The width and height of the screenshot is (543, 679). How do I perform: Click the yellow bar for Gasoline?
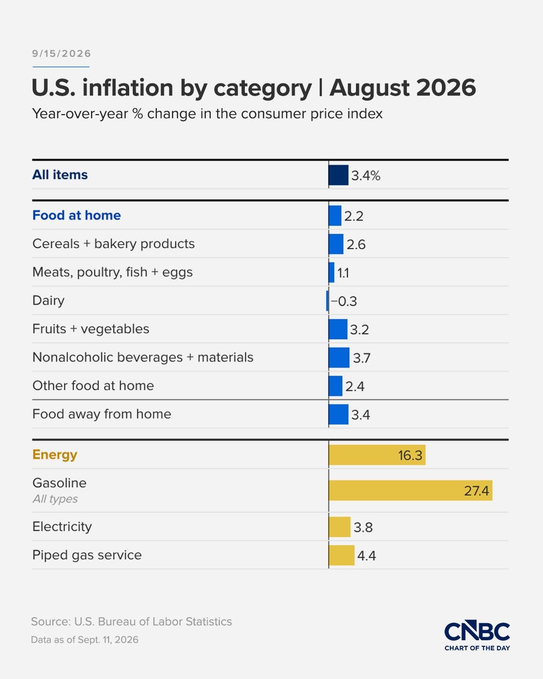click(410, 490)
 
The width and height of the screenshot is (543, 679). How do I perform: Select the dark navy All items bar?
click(338, 175)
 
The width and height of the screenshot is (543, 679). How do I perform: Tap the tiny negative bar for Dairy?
click(327, 301)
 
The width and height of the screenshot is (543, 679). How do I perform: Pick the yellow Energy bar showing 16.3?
click(377, 455)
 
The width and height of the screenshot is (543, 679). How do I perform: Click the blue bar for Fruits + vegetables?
click(338, 329)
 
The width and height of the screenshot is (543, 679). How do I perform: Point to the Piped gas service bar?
click(341, 555)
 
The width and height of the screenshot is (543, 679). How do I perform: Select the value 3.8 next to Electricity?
click(363, 527)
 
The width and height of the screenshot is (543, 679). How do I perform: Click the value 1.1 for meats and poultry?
click(343, 273)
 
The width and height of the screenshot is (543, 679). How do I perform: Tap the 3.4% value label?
click(366, 176)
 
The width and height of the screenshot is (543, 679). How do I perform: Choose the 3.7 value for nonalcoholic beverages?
click(361, 358)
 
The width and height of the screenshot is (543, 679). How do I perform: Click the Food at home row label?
click(76, 215)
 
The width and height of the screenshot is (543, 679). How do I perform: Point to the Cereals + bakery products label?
click(114, 244)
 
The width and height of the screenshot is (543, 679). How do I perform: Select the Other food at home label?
click(93, 386)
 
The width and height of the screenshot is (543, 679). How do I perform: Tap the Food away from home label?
click(102, 414)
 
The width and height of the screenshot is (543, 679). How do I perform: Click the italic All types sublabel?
click(55, 499)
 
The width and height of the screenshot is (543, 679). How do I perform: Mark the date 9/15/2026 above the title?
click(61, 54)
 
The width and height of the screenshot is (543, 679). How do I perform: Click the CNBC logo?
click(477, 636)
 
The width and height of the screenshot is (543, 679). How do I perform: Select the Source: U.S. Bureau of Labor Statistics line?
click(132, 622)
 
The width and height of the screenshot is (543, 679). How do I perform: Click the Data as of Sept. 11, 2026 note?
click(84, 640)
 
